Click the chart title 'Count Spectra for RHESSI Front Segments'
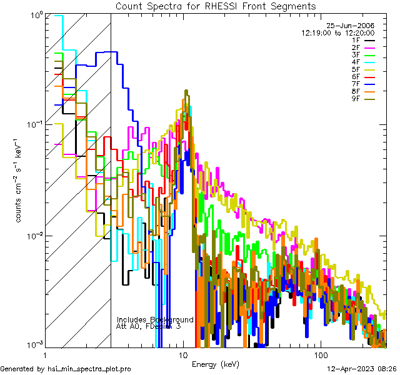[216, 6]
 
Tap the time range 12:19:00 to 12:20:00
[338, 32]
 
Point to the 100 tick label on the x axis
[320, 354]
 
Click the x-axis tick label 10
[183, 354]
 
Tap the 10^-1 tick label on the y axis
[32, 124]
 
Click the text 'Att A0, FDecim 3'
[149, 326]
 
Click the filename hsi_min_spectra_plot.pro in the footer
[90, 369]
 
